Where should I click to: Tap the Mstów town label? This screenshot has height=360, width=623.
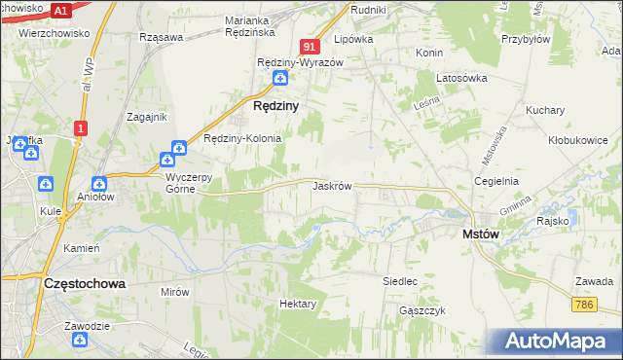coord(480,234)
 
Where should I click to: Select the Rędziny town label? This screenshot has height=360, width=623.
coord(275,104)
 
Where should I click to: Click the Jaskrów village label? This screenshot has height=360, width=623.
coord(332,185)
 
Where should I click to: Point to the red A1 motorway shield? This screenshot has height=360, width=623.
coord(60,11)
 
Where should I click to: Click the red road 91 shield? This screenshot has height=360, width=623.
coord(310,47)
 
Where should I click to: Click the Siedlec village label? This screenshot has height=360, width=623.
coord(400,281)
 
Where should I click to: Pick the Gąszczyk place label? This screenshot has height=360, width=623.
coord(421,310)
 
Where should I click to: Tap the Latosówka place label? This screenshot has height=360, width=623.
coord(461,78)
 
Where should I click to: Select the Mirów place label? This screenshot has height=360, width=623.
coord(175,291)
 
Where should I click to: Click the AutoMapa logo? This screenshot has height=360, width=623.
coord(559,342)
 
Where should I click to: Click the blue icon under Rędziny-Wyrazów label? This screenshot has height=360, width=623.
coord(280,78)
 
